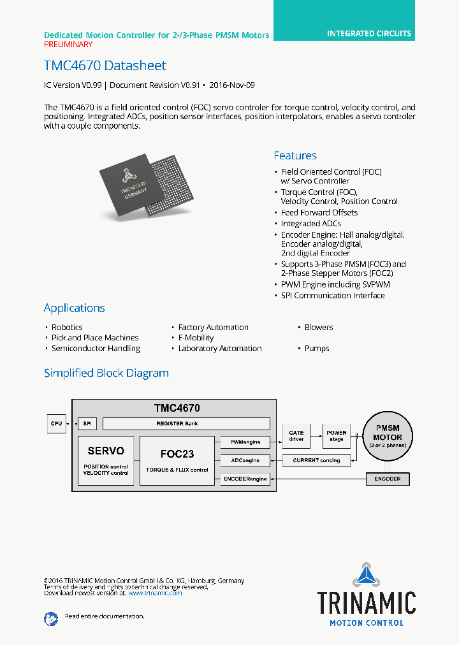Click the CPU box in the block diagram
pyautogui.click(x=56, y=424)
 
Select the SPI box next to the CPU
pyautogui.click(x=86, y=424)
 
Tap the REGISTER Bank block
pyautogui.click(x=186, y=424)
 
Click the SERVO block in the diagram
pyautogui.click(x=106, y=460)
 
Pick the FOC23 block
pyautogui.click(x=177, y=460)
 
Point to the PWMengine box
pyautogui.click(x=245, y=441)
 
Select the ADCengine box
pyautogui.click(x=245, y=460)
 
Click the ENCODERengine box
pyautogui.click(x=245, y=479)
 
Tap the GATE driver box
pyautogui.click(x=296, y=437)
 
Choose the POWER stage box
pyautogui.click(x=337, y=437)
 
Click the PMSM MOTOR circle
pyautogui.click(x=388, y=437)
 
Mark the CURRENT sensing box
pyautogui.click(x=316, y=460)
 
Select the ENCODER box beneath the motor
pyautogui.click(x=388, y=479)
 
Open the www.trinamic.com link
pyautogui.click(x=155, y=593)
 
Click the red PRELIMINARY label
pyautogui.click(x=68, y=45)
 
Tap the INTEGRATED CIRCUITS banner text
pyautogui.click(x=369, y=33)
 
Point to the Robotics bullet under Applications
pyautogui.click(x=66, y=328)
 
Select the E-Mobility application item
pyautogui.click(x=196, y=338)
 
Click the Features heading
pyautogui.click(x=295, y=156)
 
